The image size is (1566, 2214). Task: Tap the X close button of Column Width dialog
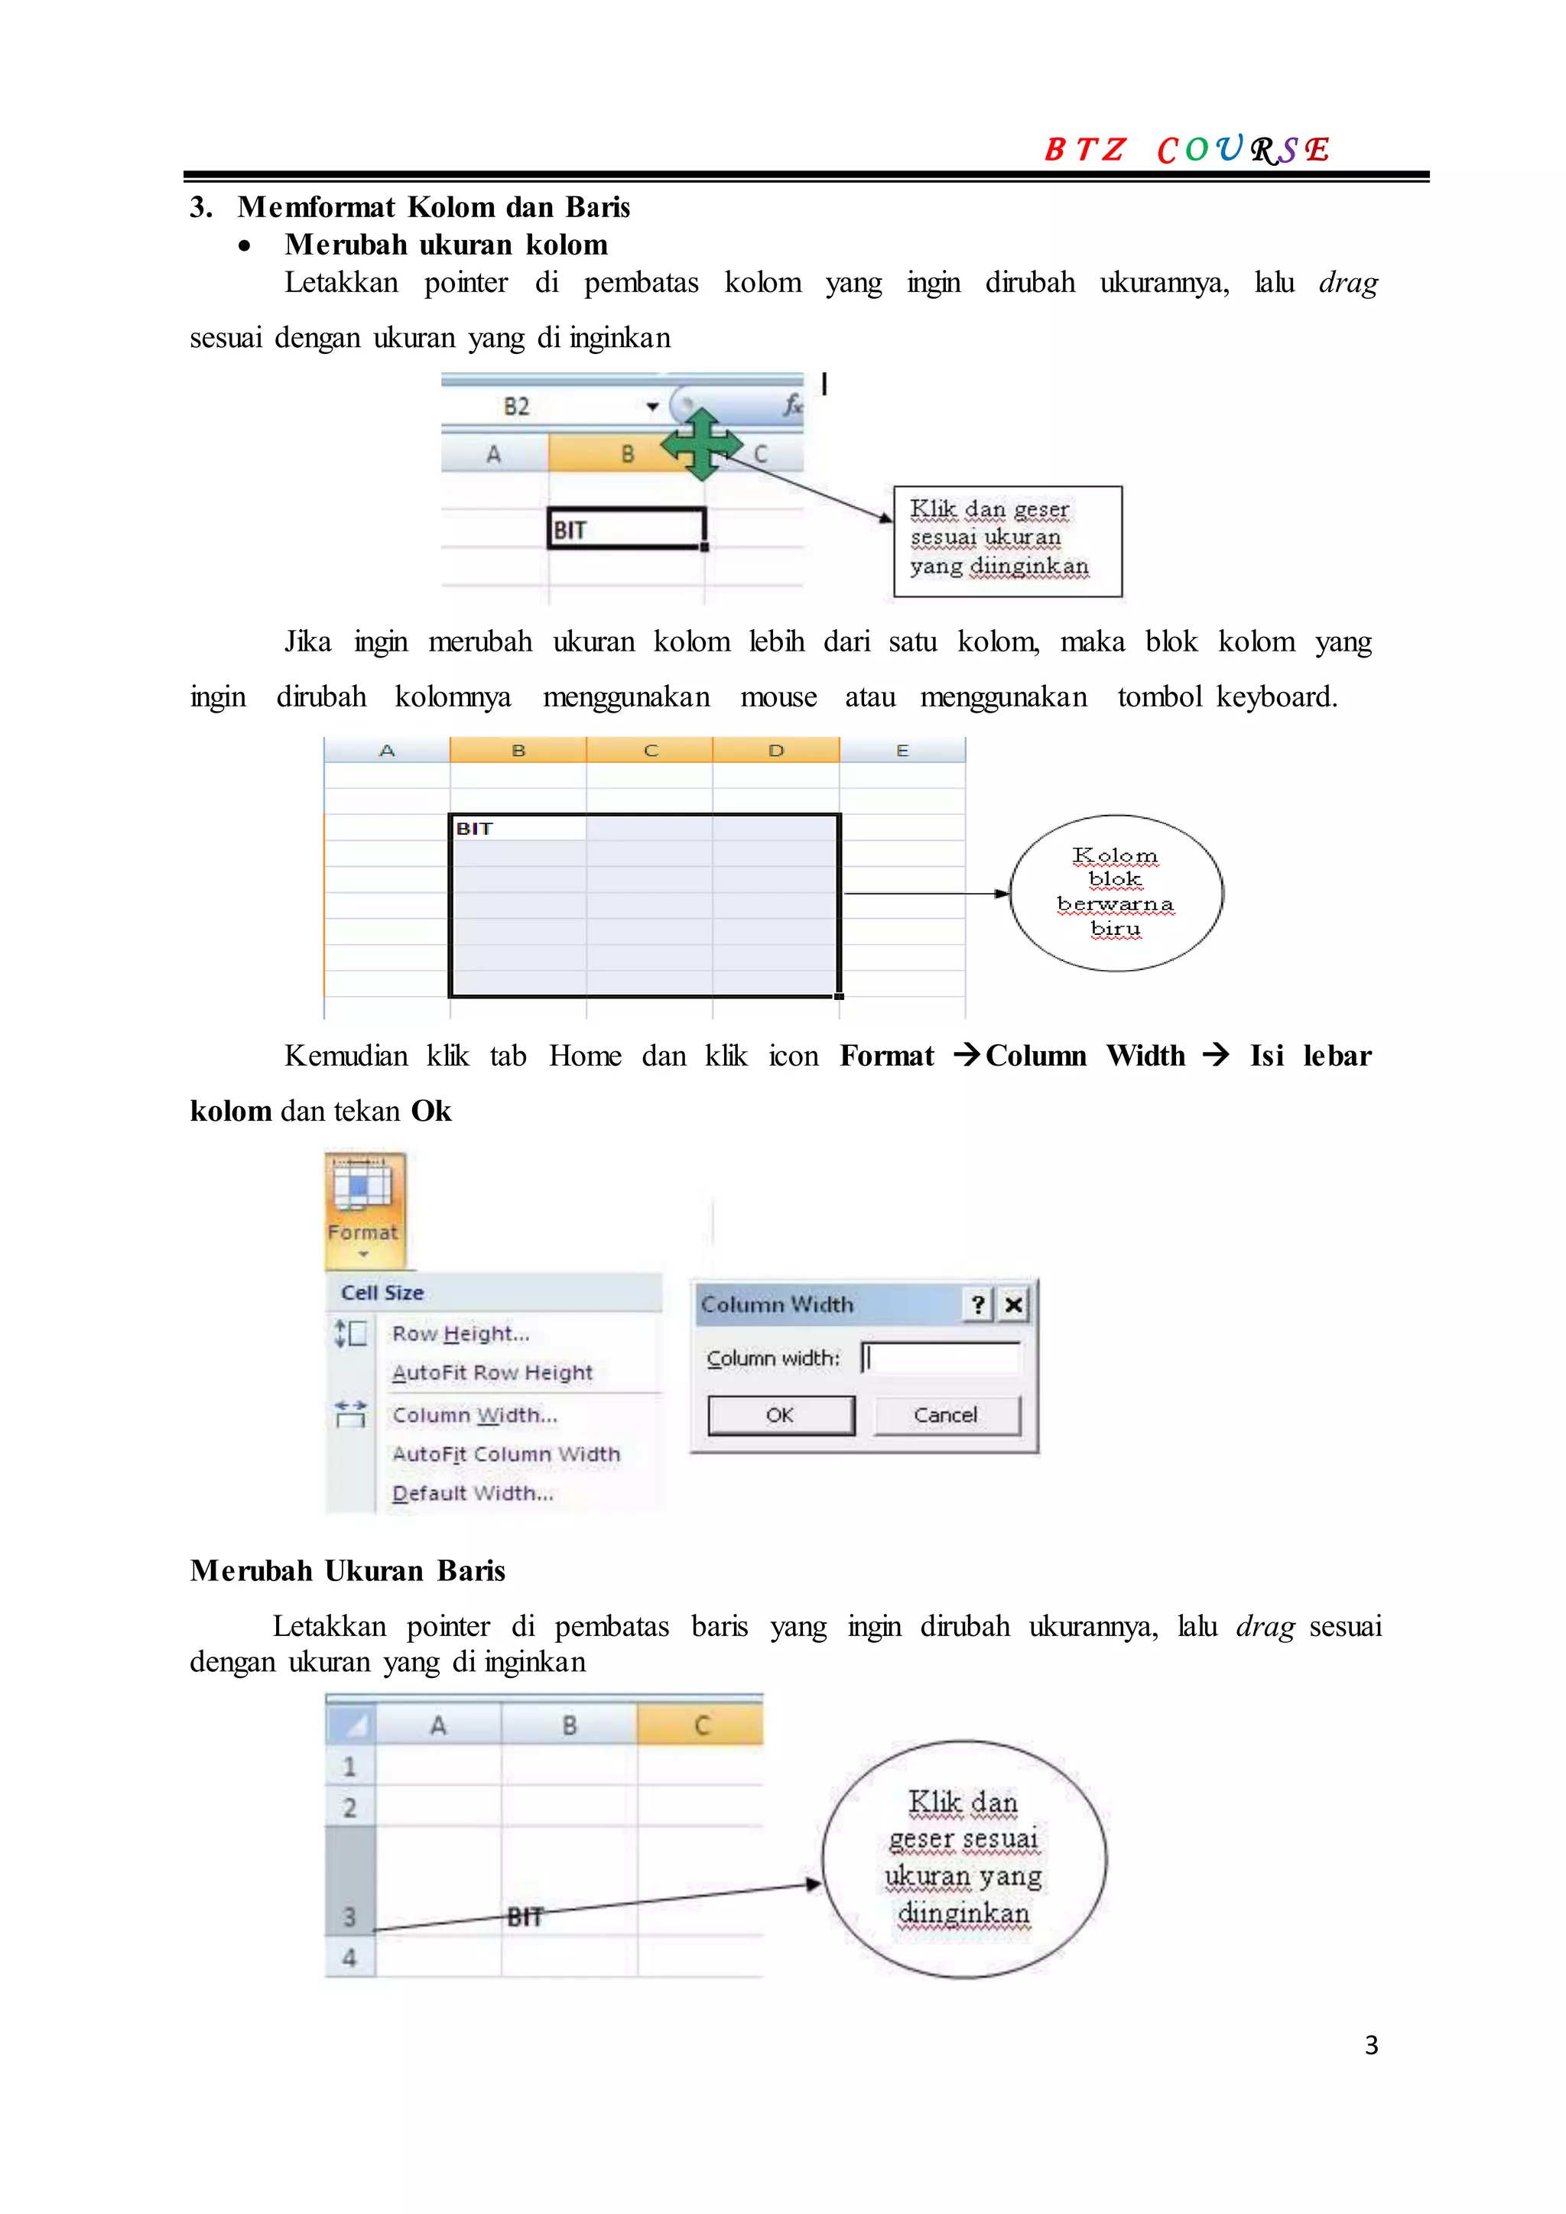(1012, 1305)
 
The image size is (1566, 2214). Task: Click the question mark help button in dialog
(978, 1305)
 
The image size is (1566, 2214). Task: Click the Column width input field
(941, 1358)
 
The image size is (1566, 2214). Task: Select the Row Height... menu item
(460, 1333)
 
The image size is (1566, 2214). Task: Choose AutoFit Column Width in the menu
(505, 1454)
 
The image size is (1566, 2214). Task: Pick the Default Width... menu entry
(473, 1493)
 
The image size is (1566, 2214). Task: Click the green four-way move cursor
(702, 444)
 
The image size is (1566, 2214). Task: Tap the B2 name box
(517, 406)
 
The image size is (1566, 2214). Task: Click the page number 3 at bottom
(1370, 2045)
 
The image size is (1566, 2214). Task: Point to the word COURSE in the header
(1243, 150)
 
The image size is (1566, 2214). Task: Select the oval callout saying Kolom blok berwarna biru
(1116, 893)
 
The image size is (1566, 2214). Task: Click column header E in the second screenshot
(902, 750)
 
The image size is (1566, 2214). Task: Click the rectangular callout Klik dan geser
(1007, 541)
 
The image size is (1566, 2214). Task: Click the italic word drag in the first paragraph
(1347, 283)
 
